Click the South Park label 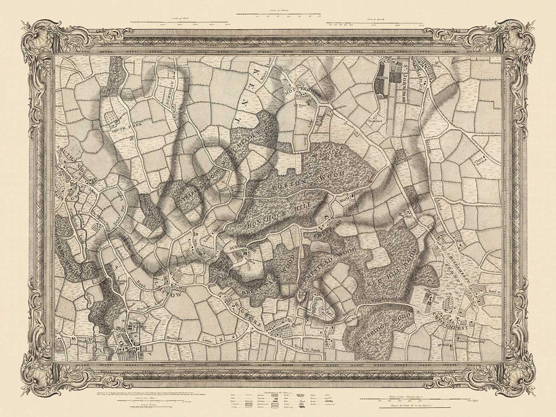tap(123, 130)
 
